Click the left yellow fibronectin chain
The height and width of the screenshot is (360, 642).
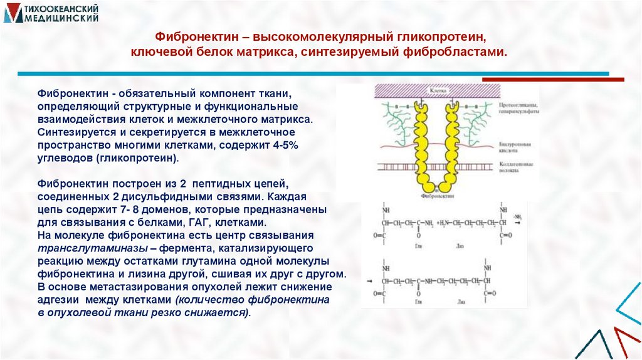coord(418,144)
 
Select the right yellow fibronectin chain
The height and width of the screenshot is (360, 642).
coord(450,144)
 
